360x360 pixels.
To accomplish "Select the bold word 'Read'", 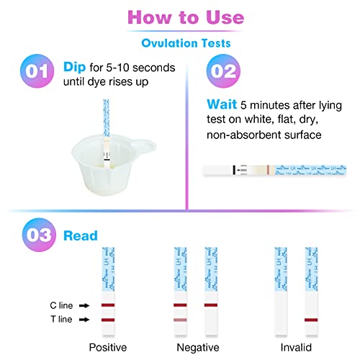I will tap(80, 235).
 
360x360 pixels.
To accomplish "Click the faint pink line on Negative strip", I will tap(180, 319).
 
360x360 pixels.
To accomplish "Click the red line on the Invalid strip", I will tap(311, 319).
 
